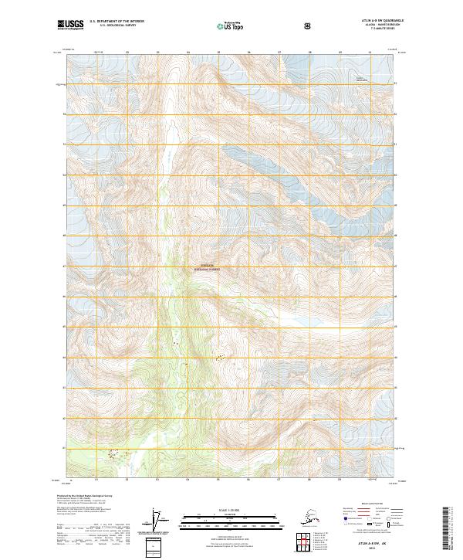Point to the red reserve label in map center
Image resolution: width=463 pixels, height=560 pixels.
(206, 269)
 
